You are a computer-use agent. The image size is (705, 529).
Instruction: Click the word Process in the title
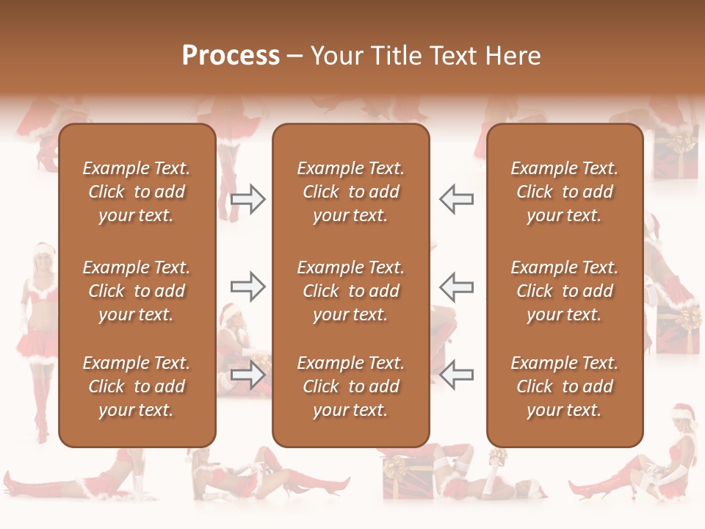231,56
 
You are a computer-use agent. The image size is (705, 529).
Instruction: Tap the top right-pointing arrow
247,199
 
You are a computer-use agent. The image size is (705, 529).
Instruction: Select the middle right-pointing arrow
247,287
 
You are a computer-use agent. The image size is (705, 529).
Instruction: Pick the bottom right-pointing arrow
247,375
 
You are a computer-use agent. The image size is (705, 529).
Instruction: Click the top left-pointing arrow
457,199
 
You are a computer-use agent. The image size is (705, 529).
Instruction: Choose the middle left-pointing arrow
457,287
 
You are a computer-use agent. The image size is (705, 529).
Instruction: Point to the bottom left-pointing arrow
457,375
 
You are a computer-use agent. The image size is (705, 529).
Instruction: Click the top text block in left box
137,192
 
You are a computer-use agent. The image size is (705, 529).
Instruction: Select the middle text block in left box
137,291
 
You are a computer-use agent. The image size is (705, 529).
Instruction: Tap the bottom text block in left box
137,386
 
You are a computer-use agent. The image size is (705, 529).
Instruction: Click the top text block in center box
350,192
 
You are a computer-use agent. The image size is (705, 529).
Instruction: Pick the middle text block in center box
350,291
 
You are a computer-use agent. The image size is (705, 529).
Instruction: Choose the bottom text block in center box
350,386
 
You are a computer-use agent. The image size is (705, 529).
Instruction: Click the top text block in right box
564,192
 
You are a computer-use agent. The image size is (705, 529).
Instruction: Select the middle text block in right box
564,291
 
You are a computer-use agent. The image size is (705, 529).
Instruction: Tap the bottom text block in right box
564,386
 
